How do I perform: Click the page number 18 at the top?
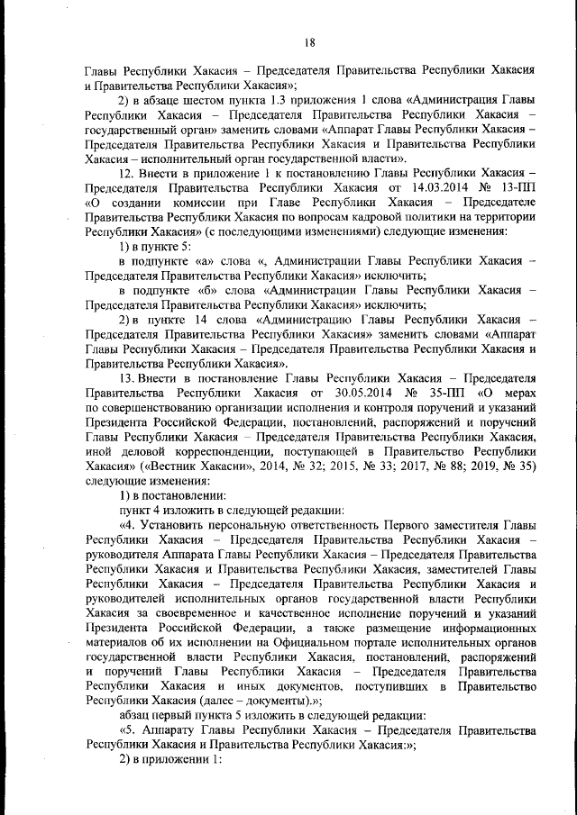[309, 42]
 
